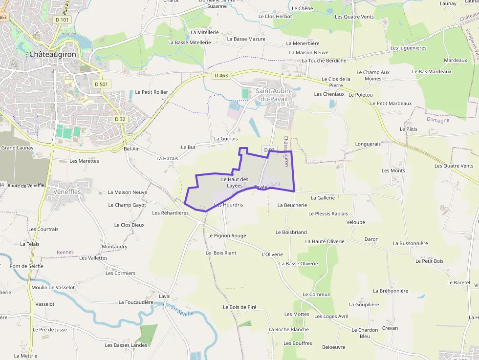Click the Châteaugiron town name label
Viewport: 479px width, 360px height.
click(53, 54)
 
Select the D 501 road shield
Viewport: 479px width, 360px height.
click(102, 84)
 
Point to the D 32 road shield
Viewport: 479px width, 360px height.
click(120, 119)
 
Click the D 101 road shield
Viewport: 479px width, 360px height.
click(63, 20)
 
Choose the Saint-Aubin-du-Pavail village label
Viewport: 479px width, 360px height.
click(274, 95)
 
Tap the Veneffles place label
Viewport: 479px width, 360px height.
click(67, 191)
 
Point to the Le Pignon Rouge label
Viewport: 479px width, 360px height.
click(226, 235)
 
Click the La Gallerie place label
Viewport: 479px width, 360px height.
click(323, 198)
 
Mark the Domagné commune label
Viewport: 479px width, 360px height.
click(437, 120)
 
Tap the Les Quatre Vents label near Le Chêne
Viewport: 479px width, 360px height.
click(354, 17)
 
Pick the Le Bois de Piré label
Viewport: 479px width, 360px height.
click(239, 307)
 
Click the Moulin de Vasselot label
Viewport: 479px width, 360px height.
click(53, 287)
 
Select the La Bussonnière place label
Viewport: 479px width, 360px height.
click(410, 243)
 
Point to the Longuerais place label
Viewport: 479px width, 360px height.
click(368, 144)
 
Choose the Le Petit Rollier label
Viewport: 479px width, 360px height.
click(151, 92)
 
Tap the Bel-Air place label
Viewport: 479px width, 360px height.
click(131, 148)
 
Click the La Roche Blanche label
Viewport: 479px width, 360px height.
click(288, 329)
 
